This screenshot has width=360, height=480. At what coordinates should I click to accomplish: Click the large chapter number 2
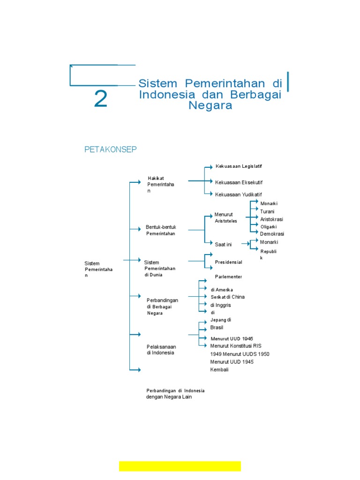point(101,99)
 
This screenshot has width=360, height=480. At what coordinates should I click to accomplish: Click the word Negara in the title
point(210,105)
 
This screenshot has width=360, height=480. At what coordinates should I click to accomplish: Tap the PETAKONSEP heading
point(110,150)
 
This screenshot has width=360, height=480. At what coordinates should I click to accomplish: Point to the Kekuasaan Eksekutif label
point(238,182)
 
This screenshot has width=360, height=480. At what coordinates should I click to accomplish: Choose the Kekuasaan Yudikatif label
point(238,195)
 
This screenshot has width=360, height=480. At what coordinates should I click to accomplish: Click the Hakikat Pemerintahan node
point(160,185)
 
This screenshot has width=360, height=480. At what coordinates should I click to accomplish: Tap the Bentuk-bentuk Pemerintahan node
point(161,230)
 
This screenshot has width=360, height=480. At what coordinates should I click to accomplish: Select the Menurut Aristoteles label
point(226,217)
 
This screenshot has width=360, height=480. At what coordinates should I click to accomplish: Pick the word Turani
point(267,211)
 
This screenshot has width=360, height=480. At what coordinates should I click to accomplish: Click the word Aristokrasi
point(271,219)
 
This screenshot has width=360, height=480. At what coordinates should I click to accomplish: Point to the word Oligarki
point(269,227)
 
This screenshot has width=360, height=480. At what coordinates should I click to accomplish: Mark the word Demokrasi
point(272,234)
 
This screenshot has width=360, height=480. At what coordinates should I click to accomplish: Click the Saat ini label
point(223,244)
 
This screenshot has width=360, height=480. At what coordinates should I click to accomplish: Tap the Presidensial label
point(228,262)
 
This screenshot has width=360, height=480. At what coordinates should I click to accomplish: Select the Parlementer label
point(228,277)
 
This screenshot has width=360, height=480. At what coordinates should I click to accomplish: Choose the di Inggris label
point(220,305)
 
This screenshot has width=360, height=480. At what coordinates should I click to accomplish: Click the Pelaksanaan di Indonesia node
point(161,350)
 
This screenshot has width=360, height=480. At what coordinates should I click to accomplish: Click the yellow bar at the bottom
point(180,466)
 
